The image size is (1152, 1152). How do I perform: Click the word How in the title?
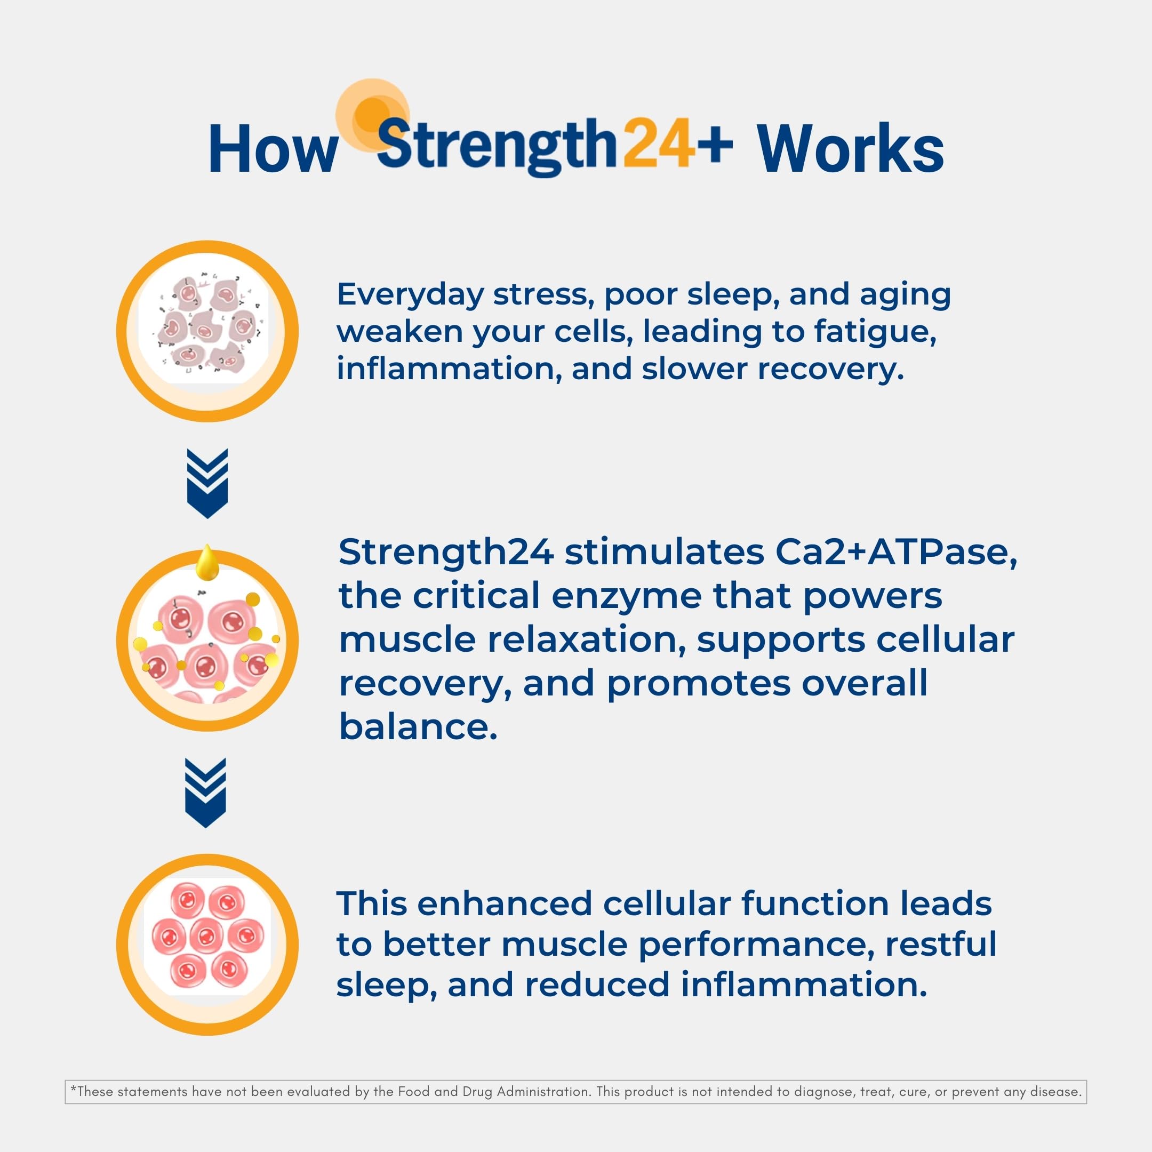(273, 149)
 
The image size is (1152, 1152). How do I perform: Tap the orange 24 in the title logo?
(659, 143)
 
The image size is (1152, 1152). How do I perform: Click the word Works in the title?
(851, 149)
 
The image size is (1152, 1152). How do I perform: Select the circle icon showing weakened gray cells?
(207, 331)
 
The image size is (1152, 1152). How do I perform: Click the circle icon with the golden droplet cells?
(207, 641)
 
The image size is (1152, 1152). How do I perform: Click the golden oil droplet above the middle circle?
(207, 562)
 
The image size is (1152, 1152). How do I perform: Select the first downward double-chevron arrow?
(207, 483)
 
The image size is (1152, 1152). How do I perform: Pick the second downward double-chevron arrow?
(206, 793)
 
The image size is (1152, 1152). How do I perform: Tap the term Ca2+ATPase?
(895, 552)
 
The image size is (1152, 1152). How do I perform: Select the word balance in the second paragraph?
(418, 727)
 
